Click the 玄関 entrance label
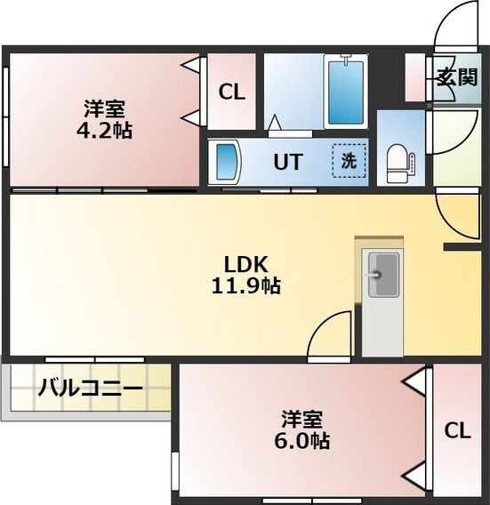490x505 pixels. pos(457,76)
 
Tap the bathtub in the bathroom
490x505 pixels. pos(346,92)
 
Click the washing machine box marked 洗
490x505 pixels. pos(349,162)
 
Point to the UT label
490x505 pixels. pos(287,163)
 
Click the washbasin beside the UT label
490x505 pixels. pos(229,163)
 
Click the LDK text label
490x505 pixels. pos(245,264)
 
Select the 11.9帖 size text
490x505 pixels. pos(245,287)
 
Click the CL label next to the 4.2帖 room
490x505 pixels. pos(232,92)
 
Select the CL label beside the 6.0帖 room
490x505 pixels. pos(457,431)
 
